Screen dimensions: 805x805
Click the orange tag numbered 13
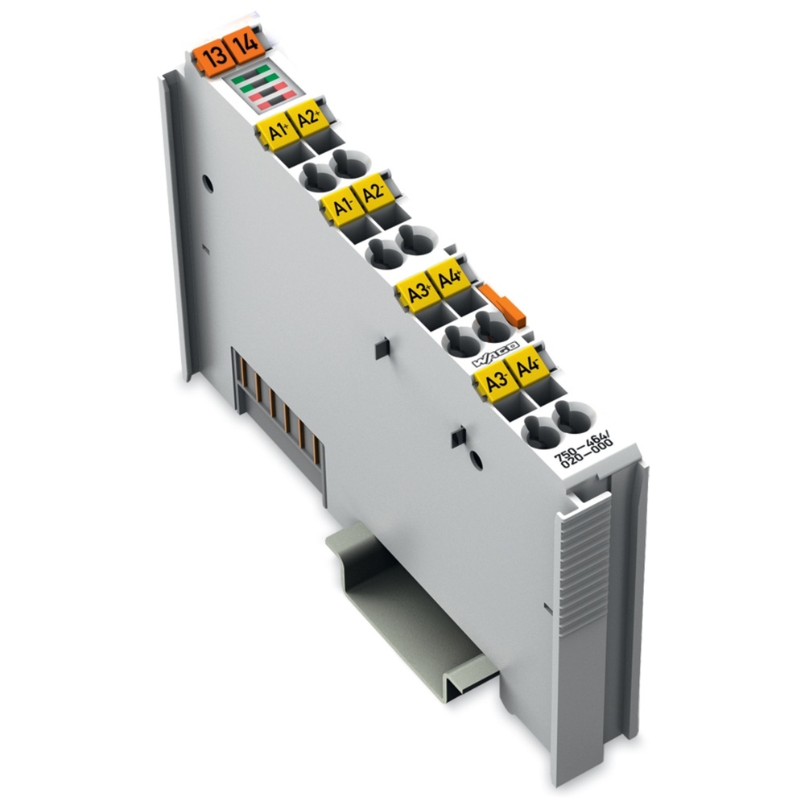(x=214, y=59)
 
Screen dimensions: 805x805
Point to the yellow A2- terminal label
(x=373, y=193)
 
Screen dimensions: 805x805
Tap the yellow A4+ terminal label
(x=449, y=279)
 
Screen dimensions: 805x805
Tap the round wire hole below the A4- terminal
(x=567, y=416)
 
